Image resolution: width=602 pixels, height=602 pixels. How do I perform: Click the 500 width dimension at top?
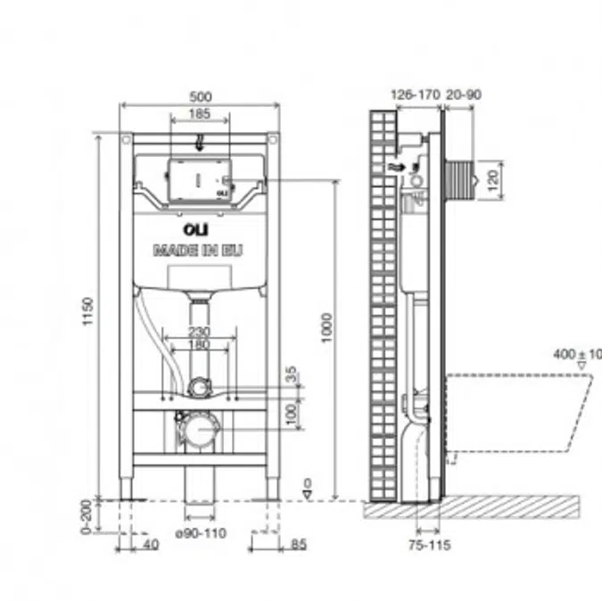pos(199,96)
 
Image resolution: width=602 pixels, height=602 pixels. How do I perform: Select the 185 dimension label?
pos(199,112)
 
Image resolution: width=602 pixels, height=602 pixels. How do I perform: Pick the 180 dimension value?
pos(199,343)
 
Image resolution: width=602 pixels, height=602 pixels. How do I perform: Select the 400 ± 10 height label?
pos(577,354)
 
